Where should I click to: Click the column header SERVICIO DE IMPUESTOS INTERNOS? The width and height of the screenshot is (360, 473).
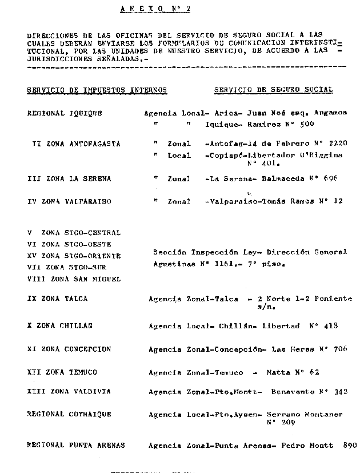click(x=97, y=90)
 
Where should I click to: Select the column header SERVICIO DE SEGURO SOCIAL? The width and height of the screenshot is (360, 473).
click(x=273, y=90)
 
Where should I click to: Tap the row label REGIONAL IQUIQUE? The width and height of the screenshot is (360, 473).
click(x=65, y=113)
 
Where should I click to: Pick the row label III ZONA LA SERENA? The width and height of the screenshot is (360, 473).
click(x=69, y=178)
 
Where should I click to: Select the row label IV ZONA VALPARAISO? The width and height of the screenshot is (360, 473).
click(x=69, y=201)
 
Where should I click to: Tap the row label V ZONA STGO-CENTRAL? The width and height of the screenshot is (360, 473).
click(x=74, y=233)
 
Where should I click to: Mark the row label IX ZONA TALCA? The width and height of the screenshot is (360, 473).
click(x=58, y=299)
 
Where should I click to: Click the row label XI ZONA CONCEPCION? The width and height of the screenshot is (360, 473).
click(x=69, y=349)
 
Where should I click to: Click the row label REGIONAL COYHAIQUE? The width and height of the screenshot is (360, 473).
click(x=69, y=414)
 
